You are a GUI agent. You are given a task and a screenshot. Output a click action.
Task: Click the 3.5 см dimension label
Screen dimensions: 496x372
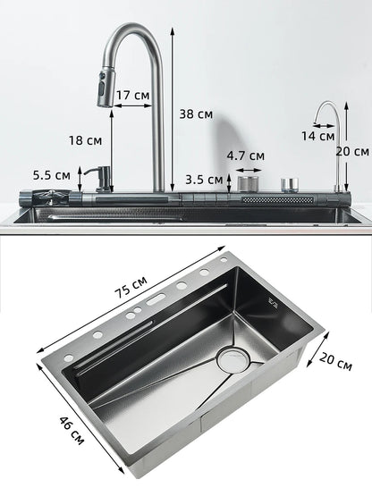200,178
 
